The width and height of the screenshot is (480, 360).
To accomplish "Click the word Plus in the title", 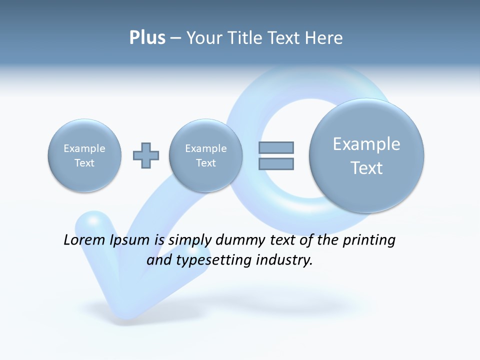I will [147, 37].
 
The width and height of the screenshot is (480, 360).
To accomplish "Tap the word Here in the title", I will [324, 37].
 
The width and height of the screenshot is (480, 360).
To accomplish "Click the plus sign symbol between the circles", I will [146, 155].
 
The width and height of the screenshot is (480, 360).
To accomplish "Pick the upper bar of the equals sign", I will [276, 147].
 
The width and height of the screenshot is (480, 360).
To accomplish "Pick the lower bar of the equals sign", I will [276, 163].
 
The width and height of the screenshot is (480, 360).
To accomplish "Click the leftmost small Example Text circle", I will [84, 155].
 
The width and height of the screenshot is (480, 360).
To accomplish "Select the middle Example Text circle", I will [205, 155].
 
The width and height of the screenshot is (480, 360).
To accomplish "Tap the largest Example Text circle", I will [366, 155].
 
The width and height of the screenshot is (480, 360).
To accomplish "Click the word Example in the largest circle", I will [366, 144].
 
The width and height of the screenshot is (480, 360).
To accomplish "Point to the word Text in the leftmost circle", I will [84, 163].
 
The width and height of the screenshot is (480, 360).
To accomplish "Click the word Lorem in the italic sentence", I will [85, 240].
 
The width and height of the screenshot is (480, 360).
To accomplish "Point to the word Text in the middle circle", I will [205, 163].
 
